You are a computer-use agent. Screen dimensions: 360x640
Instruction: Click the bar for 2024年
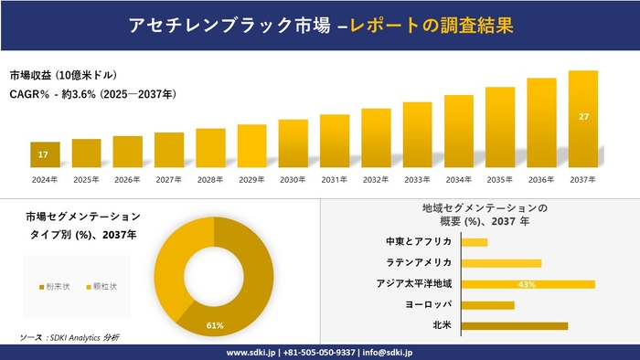pos(45,155)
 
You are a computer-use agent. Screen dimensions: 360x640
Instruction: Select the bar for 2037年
pos(583,119)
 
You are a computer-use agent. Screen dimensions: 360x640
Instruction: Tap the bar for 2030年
pos(293,143)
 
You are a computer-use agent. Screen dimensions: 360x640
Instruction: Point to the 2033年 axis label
pos(417,179)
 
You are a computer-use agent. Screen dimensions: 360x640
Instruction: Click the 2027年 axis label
pos(169,179)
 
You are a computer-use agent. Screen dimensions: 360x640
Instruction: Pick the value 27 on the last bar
pos(583,117)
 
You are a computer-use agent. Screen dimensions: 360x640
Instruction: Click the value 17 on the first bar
pos(44,154)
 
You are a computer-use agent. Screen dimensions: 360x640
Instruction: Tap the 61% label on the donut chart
pos(215,325)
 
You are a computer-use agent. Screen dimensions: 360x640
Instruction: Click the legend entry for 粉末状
pos(54,287)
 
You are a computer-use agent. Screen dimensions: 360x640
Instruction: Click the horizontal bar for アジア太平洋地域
pos(528,284)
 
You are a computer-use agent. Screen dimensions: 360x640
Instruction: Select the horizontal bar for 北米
pos(514,325)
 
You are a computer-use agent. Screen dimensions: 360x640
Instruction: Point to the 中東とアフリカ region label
pos(419,242)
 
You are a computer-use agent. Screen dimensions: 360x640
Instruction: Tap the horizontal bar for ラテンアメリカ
pos(501,263)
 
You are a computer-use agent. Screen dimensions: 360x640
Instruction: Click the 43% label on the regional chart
pos(527,284)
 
